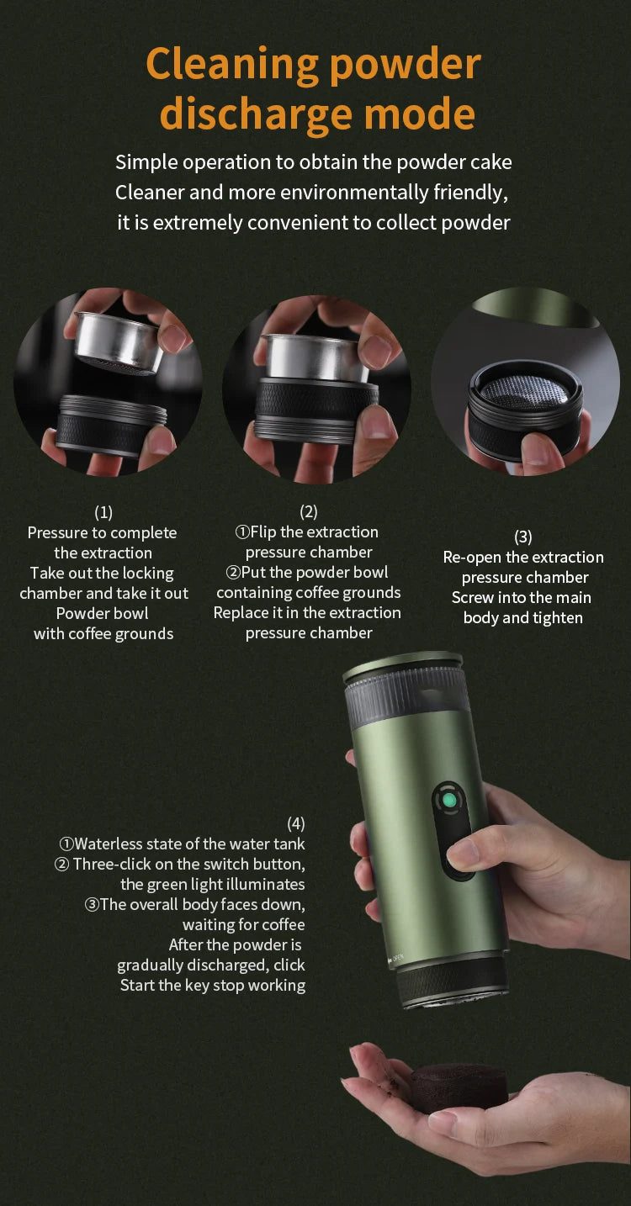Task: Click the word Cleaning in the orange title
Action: tap(232, 65)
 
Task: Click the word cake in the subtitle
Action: tap(490, 162)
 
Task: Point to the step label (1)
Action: tap(103, 512)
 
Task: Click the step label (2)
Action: tap(309, 511)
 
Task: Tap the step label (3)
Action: tap(523, 537)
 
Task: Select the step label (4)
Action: tap(295, 823)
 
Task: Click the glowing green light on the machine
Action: tap(449, 801)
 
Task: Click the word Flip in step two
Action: tap(264, 532)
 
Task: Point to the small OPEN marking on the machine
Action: tap(398, 958)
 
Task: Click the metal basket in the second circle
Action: tap(316, 357)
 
